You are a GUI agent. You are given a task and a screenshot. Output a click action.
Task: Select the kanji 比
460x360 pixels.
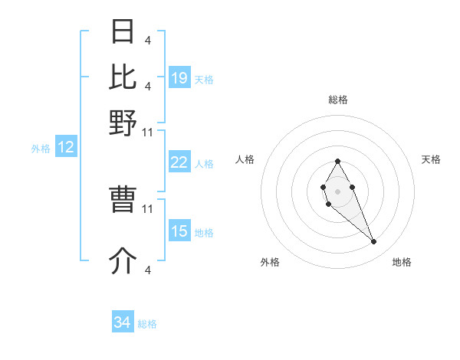[123, 77]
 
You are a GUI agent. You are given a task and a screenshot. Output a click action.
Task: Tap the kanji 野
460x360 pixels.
[123, 123]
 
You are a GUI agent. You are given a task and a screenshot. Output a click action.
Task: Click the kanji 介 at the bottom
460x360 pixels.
[123, 261]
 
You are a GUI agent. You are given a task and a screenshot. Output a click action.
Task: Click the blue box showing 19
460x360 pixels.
[179, 77]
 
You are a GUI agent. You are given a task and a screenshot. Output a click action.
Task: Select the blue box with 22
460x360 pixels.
[179, 162]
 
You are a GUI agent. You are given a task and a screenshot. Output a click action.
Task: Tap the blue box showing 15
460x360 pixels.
[179, 231]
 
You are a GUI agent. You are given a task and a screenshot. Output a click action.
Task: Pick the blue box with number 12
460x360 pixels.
[66, 148]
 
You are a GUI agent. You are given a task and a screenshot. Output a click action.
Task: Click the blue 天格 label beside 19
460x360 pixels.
[204, 79]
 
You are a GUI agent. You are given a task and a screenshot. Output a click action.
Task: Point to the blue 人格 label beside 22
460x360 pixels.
[204, 164]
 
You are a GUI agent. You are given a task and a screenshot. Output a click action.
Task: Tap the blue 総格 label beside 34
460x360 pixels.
[147, 324]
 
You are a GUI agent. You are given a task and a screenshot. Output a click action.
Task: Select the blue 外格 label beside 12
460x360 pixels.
[41, 149]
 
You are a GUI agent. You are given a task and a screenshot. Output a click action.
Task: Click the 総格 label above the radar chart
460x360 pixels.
[338, 100]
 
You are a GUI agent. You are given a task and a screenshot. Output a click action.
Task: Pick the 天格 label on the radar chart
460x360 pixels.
[431, 159]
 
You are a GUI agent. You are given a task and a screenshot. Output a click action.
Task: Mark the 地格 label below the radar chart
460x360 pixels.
[402, 262]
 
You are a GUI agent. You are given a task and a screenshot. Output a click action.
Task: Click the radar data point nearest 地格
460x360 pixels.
[373, 242]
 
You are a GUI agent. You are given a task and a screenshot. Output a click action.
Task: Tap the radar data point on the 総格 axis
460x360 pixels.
[337, 161]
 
